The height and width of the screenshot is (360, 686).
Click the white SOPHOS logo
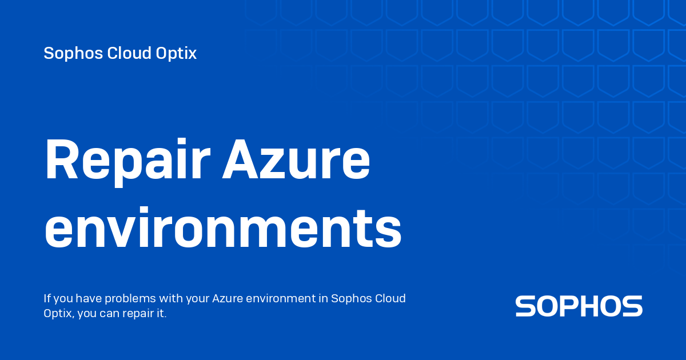pyautogui.click(x=579, y=306)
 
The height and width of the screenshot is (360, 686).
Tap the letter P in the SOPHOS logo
pyautogui.click(x=573, y=306)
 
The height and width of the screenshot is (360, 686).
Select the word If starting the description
pyautogui.click(x=47, y=299)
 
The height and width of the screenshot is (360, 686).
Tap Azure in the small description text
pyautogui.click(x=228, y=299)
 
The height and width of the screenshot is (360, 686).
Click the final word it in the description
pyautogui.click(x=161, y=314)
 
